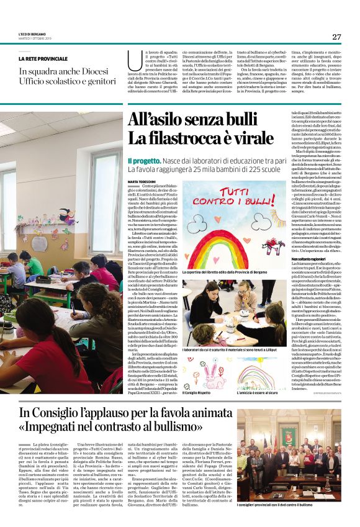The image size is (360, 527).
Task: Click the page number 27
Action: point(336,37)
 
